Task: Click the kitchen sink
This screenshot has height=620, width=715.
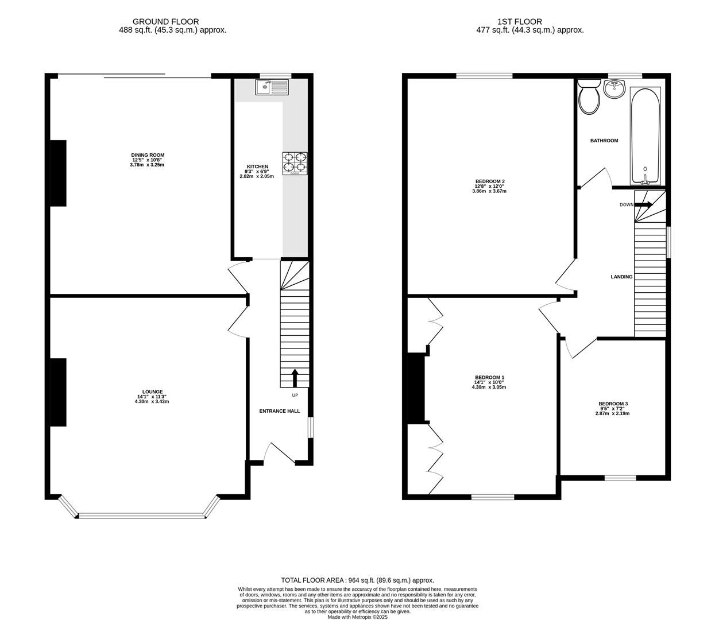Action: click(x=272, y=87)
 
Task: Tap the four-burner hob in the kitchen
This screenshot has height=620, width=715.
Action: click(x=295, y=163)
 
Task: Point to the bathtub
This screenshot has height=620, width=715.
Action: click(x=646, y=135)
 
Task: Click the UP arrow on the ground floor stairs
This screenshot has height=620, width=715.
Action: click(x=295, y=378)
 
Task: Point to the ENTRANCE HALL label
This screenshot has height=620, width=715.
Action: click(x=280, y=411)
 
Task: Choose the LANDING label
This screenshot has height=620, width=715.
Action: click(x=621, y=277)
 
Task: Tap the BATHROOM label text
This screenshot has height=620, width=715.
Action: click(x=604, y=141)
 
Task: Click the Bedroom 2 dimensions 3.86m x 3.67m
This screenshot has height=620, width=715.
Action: click(x=490, y=191)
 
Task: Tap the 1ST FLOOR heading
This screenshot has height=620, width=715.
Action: click(x=520, y=22)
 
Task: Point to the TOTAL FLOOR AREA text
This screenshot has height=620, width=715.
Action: click(x=357, y=580)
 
